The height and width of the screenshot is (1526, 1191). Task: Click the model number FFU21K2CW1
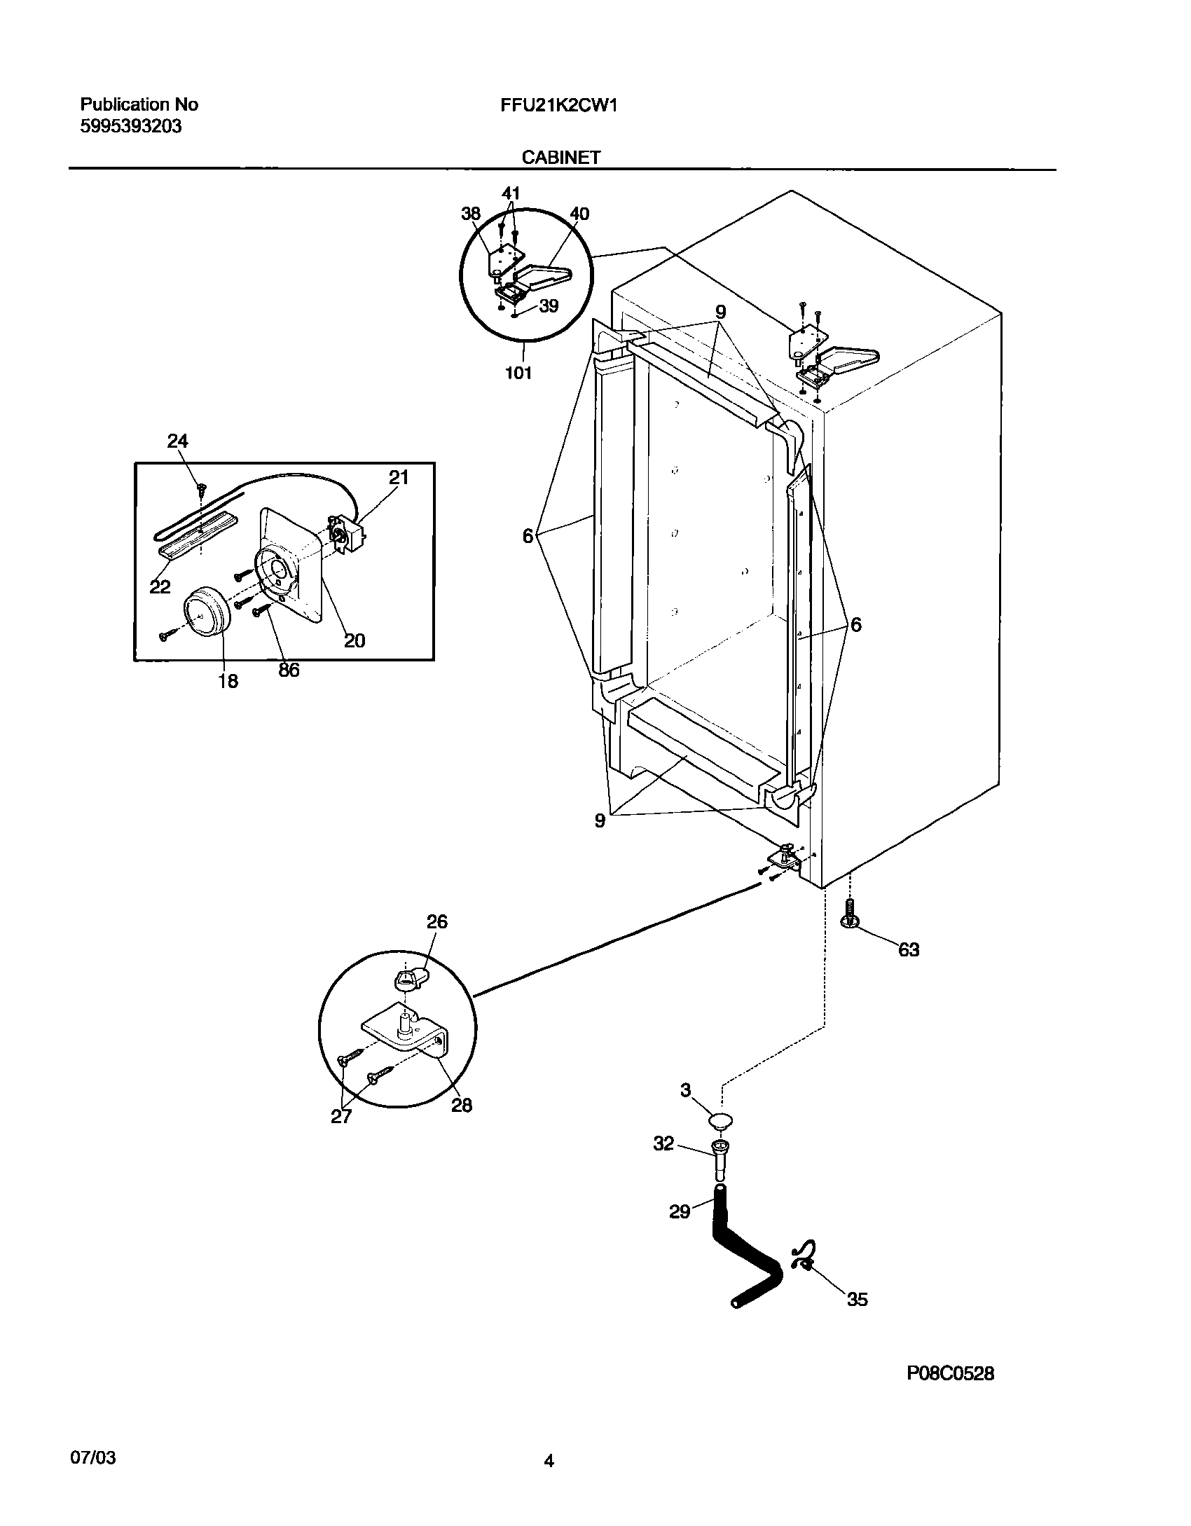point(558,105)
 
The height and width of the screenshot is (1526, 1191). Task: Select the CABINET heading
point(560,158)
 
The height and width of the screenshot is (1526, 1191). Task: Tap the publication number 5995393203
point(131,127)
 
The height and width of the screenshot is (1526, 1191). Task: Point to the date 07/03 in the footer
point(93,1457)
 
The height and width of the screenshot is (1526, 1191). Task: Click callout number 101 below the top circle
point(518,373)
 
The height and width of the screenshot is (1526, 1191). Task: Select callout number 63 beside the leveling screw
point(909,950)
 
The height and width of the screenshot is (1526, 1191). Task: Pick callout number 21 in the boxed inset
point(398,477)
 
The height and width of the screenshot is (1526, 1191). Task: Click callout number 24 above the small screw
point(177,441)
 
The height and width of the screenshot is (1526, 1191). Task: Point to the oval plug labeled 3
point(721,1122)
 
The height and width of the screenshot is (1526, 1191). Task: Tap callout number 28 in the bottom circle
point(462,1105)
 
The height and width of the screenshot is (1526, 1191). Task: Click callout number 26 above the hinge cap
point(436,921)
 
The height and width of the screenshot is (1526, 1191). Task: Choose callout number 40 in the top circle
point(579,214)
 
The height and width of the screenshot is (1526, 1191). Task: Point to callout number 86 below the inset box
point(289,670)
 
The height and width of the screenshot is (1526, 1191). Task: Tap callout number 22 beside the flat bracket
point(160,586)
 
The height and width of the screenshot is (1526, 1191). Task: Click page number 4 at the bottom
point(549,1461)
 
